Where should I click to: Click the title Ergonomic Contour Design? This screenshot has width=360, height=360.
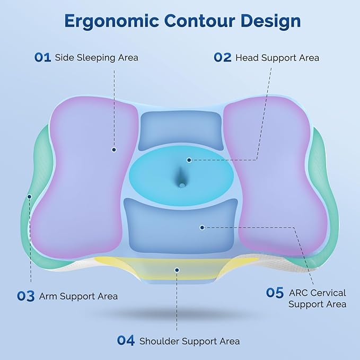[182, 21]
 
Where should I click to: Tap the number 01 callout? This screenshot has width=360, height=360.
[42, 57]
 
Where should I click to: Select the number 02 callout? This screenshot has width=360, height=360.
[223, 57]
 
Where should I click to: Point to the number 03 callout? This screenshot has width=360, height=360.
[26, 296]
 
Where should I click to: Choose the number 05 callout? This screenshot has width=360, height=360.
[275, 293]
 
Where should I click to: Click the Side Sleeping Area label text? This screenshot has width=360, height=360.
[96, 57]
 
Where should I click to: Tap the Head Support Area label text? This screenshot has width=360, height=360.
[277, 57]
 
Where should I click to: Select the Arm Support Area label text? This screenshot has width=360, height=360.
[78, 296]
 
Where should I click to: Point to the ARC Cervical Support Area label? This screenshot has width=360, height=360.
[318, 298]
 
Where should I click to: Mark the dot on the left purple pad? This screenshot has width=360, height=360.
[113, 150]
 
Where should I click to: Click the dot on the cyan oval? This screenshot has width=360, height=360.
[189, 159]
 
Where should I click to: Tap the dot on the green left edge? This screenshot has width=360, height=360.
[30, 196]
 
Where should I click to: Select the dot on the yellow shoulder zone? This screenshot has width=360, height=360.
[177, 269]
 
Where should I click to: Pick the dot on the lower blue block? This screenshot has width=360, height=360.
[202, 227]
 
